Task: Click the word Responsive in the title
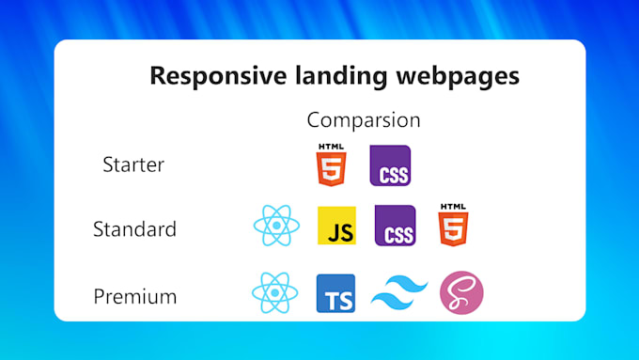(x=218, y=76)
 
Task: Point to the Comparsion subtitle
(x=364, y=120)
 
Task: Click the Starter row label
(x=133, y=164)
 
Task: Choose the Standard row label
(x=135, y=228)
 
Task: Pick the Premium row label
(x=135, y=296)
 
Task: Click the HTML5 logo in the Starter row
(x=332, y=164)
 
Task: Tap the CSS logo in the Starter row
(x=390, y=165)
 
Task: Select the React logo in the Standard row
(x=276, y=226)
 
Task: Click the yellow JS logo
(x=336, y=226)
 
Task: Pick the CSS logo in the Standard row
(x=396, y=226)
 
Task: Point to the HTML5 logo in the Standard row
(x=453, y=225)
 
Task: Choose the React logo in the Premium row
(x=275, y=292)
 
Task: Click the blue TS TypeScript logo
(x=335, y=293)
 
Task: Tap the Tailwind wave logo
(x=399, y=292)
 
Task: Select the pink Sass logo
(x=461, y=292)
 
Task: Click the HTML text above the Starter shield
(x=332, y=147)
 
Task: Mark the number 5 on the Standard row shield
(x=453, y=229)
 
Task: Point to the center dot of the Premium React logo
(x=275, y=292)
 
